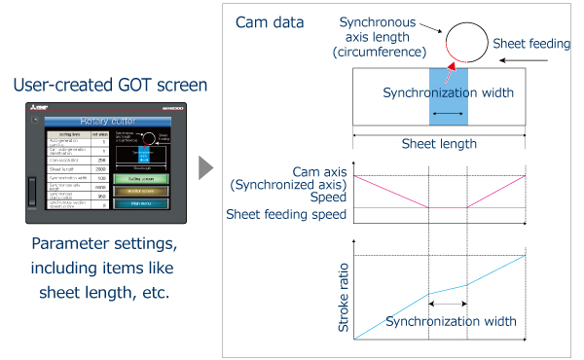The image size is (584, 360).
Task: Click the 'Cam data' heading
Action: pos(270,22)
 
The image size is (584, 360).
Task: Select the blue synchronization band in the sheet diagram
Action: pos(448,96)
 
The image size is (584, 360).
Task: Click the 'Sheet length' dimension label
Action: pos(439,143)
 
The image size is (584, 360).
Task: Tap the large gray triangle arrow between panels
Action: pos(205,167)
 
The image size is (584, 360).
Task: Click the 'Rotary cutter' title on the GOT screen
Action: pos(102,122)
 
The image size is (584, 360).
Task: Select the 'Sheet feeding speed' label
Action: pos(287,215)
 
